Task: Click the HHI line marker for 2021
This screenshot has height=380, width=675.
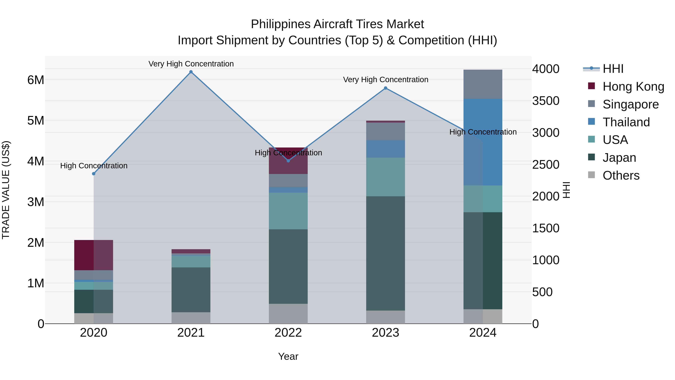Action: (x=191, y=72)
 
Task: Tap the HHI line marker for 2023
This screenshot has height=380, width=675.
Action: (x=385, y=88)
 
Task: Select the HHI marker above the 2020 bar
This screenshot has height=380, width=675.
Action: (x=94, y=174)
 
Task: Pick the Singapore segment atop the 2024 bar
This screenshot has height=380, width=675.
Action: (x=483, y=84)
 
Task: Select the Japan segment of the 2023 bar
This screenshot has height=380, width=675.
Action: (x=385, y=253)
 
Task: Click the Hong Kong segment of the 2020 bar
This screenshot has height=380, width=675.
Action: (x=94, y=255)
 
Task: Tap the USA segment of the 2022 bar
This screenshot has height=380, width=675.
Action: (x=288, y=211)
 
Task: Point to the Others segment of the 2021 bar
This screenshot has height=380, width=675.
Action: (x=191, y=318)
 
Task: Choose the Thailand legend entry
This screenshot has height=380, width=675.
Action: (x=626, y=122)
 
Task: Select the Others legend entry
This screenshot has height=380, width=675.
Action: (x=621, y=175)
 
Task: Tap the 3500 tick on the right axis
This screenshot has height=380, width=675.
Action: (x=546, y=101)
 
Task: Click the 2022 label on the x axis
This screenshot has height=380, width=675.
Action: (x=288, y=333)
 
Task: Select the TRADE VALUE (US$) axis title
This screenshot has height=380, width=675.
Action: (x=6, y=190)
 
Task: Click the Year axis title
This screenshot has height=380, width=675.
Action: (x=288, y=356)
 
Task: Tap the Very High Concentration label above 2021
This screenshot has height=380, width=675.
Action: (x=191, y=64)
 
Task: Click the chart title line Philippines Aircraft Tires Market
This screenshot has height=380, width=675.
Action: (x=337, y=24)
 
